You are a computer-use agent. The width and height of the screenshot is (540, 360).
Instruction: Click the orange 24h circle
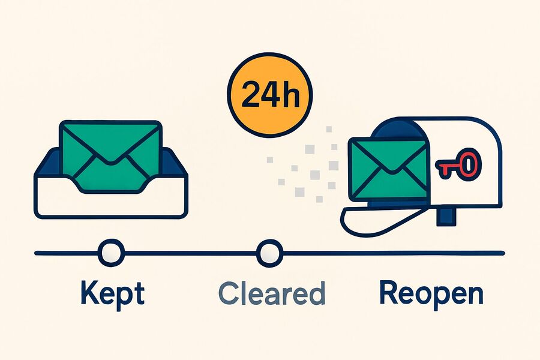point(270,95)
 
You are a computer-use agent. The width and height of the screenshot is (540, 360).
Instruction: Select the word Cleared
point(272,293)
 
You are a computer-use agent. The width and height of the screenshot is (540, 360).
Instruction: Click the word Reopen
point(431,295)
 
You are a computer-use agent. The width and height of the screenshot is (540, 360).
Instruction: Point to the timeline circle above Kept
point(111,253)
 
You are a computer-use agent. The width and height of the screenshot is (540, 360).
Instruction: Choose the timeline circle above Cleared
point(269,253)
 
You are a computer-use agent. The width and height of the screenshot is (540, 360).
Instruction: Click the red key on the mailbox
point(458,164)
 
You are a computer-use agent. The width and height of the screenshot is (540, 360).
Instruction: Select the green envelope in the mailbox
point(388,169)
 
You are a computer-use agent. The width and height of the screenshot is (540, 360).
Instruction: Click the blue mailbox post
point(446,217)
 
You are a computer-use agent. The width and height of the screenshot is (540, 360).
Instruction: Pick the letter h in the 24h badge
point(290,93)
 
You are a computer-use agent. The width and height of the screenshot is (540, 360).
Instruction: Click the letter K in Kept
point(89,292)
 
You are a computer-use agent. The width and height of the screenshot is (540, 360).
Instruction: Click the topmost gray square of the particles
point(329,129)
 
